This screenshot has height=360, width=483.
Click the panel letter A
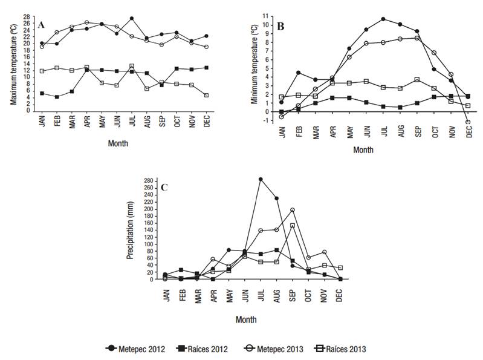41,25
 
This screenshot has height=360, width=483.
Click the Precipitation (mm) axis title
130,229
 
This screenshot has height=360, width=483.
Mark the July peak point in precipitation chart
261,179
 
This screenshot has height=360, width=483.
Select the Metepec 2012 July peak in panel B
383,19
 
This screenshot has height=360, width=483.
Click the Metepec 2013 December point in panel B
468,122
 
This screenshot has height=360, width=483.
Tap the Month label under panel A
117,143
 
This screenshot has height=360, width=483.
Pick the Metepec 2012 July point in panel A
132,18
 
